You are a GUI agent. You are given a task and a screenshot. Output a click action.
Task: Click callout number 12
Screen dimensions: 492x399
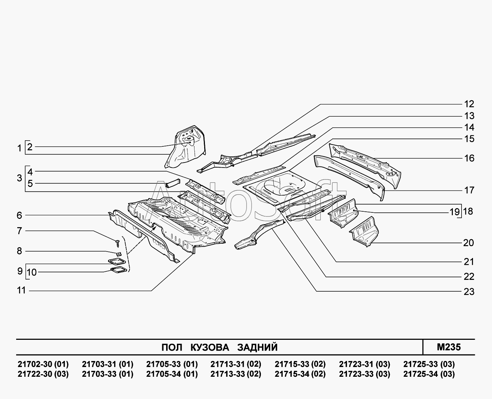click(x=469, y=104)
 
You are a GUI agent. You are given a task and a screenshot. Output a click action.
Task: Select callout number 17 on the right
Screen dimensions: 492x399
click(x=469, y=190)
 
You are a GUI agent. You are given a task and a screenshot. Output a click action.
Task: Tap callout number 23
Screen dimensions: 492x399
click(x=469, y=292)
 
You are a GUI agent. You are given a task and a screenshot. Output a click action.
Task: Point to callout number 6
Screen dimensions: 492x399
click(x=19, y=215)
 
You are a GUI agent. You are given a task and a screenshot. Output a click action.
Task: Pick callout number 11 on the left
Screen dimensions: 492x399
click(x=22, y=290)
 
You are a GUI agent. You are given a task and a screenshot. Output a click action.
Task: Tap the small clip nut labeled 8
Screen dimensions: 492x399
click(x=119, y=254)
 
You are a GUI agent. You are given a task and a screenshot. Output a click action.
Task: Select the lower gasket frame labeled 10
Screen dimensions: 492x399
click(x=119, y=270)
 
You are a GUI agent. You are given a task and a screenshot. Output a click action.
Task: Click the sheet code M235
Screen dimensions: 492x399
click(x=449, y=347)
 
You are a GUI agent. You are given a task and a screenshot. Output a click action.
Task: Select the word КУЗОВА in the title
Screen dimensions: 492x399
click(x=210, y=347)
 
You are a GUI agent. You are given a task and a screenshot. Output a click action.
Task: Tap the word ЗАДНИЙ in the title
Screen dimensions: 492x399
click(x=257, y=347)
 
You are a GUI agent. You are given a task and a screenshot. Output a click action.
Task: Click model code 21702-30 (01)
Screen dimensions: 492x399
click(x=43, y=364)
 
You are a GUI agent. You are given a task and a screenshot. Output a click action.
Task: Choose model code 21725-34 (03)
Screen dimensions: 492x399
click(x=429, y=374)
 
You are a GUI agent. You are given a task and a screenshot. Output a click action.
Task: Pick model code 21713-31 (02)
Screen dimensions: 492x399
click(x=236, y=364)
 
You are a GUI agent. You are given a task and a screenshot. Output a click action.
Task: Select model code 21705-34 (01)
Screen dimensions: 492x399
click(x=172, y=374)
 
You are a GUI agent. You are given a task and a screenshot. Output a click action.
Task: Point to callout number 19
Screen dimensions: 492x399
click(x=455, y=212)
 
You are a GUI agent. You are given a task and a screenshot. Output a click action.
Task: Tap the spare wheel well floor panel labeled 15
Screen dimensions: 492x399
click(x=282, y=188)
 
